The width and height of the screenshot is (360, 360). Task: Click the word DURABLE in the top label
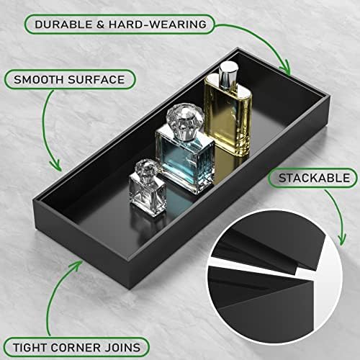point(63,24)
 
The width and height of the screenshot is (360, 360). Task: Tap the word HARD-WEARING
point(158,24)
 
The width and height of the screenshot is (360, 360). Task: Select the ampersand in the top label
point(101,24)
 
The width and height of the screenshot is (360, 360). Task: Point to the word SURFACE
point(96,80)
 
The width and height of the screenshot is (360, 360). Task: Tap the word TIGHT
point(30,348)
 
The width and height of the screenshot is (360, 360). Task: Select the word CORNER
point(76,348)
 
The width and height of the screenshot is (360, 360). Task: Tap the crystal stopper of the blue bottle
point(185,121)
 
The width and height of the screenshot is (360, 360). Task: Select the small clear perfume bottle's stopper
point(145,169)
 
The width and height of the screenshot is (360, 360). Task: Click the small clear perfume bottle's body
point(148,196)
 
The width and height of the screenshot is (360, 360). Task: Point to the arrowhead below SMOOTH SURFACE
point(57,166)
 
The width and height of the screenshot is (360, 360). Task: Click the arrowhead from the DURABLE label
point(285,68)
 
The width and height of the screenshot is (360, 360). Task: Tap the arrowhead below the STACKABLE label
point(342,240)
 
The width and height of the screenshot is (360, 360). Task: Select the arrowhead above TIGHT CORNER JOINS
point(77,265)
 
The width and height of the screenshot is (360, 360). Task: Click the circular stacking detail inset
point(274,274)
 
